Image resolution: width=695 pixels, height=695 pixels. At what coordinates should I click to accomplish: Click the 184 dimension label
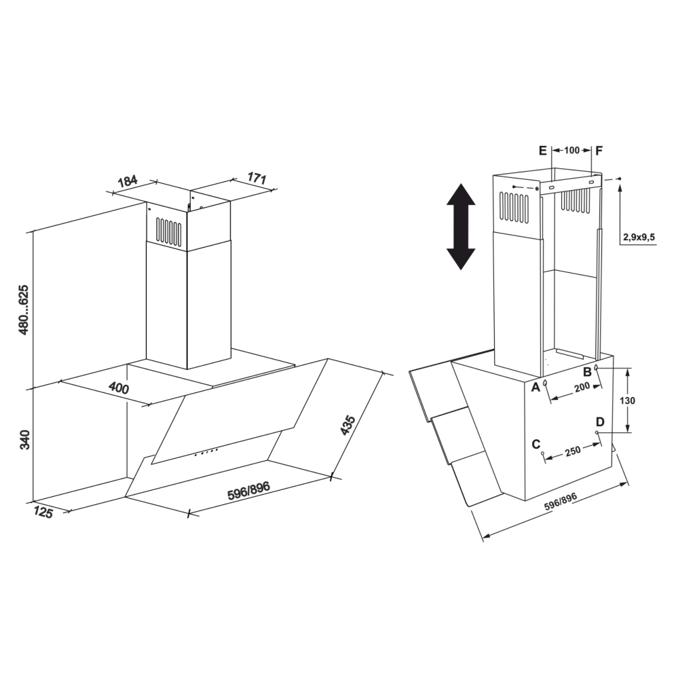128,181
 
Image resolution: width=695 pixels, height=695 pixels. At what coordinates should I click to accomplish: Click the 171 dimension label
257,179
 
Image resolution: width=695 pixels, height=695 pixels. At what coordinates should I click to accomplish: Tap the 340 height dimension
24,439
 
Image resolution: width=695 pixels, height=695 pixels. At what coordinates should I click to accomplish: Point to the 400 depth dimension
119,388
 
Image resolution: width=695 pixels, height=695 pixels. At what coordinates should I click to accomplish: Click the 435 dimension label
348,425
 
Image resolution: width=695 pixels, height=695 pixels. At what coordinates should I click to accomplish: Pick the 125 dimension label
43,512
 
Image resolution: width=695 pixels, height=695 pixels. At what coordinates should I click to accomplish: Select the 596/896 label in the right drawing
560,502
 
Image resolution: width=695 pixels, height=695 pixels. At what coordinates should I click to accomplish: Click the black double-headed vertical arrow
461,227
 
